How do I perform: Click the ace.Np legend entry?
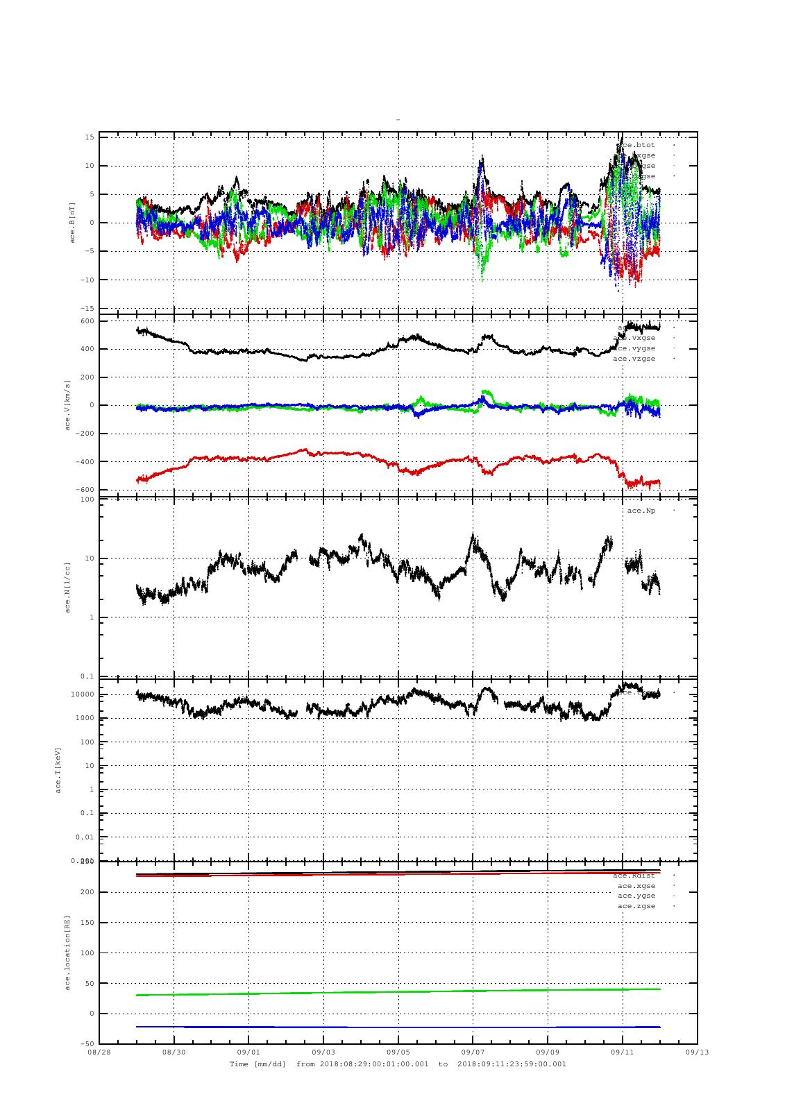(641, 511)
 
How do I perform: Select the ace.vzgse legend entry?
(634, 359)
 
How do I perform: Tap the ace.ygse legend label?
(636, 896)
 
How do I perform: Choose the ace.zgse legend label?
(636, 906)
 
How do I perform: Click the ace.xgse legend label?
(636, 885)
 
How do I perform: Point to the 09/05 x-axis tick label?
(398, 1052)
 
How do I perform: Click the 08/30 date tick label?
(174, 1052)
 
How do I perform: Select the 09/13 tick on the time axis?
(697, 1052)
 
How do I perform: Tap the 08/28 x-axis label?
(99, 1052)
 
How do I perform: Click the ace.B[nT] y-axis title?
(71, 223)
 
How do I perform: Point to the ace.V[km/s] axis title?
(67, 404)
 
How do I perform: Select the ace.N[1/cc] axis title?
(67, 587)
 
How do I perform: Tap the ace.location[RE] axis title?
(67, 952)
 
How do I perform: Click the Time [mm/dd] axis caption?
(258, 1064)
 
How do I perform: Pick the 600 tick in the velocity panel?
(86, 321)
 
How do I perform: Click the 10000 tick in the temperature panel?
(82, 694)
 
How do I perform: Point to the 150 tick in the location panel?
(86, 922)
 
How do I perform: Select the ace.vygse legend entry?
(634, 348)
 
